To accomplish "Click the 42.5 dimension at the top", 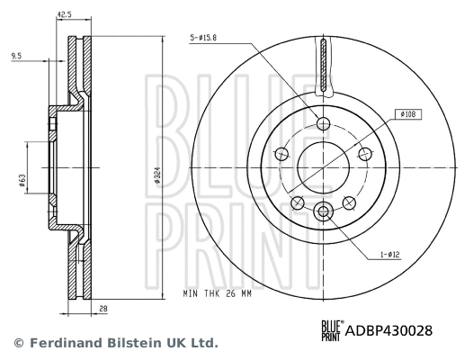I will pos(65,14).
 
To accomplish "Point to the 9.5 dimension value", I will pos(17,56).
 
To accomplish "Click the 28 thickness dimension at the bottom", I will pos(104,309).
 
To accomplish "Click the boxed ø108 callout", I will pos(405,114).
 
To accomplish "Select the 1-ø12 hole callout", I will pos(389,255).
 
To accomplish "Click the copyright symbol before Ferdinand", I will pos(18,343).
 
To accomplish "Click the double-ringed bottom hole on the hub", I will pos(324,211).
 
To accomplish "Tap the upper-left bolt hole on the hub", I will pos(281,152).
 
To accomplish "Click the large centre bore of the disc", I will pos(324,167).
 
